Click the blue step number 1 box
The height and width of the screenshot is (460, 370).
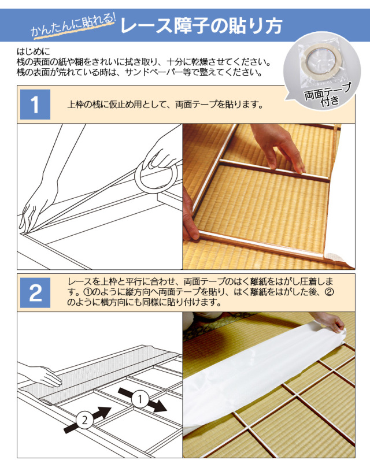click(x=35, y=105)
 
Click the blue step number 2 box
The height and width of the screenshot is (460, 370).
click(x=35, y=292)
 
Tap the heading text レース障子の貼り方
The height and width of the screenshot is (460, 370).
click(x=201, y=26)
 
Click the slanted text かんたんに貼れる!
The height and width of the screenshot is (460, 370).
click(x=73, y=26)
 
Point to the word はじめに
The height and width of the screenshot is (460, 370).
click(x=34, y=52)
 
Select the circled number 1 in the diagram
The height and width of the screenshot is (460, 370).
click(x=140, y=399)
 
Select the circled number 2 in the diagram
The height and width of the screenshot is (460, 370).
click(x=85, y=420)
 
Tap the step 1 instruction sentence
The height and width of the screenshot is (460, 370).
click(x=165, y=105)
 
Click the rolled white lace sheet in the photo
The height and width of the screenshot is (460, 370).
click(x=264, y=367)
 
